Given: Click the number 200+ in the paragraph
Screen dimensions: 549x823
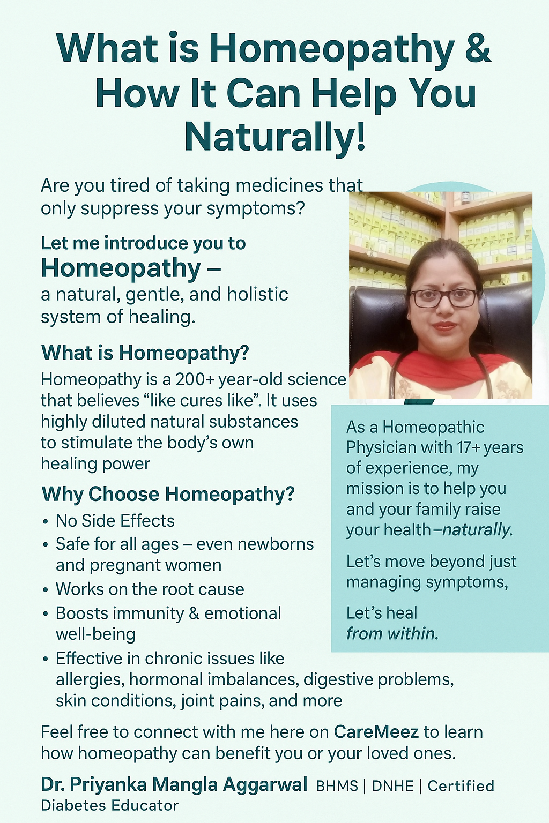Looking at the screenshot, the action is [x=195, y=379].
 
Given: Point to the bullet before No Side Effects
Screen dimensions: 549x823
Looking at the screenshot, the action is [x=45, y=522].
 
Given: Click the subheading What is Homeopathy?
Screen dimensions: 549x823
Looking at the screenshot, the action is [x=145, y=353].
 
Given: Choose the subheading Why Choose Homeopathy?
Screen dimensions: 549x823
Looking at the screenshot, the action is [x=168, y=494].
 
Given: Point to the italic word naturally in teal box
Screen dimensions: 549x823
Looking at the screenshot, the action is [x=477, y=530].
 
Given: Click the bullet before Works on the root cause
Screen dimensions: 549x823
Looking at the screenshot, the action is [x=45, y=590].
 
